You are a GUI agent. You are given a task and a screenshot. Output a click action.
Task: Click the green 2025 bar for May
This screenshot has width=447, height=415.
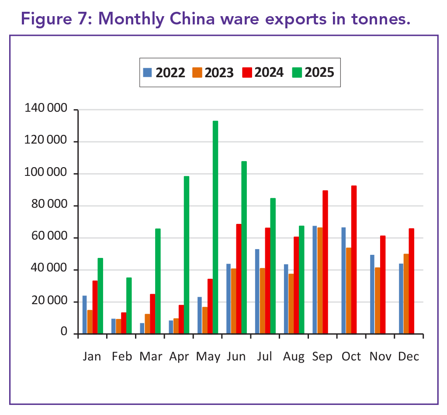[x=215, y=227]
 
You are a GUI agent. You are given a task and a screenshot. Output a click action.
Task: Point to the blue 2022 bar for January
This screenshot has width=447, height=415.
[x=85, y=315]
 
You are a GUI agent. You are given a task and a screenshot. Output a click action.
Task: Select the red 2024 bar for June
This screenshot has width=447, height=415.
[x=239, y=279]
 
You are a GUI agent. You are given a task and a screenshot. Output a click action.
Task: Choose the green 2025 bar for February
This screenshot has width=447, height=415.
[x=129, y=305]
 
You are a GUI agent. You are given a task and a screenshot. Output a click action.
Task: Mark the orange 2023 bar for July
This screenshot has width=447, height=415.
[x=262, y=301]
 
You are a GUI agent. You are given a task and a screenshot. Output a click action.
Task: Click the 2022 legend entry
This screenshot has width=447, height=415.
[x=165, y=72]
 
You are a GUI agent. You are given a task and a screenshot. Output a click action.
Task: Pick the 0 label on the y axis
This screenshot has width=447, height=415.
[x=64, y=333]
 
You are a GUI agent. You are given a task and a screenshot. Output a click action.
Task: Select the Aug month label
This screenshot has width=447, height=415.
[x=293, y=357]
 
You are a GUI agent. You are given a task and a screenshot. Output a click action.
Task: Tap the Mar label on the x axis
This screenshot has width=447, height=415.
[x=150, y=357]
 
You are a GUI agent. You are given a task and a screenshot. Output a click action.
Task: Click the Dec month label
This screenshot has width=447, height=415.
[x=409, y=357]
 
